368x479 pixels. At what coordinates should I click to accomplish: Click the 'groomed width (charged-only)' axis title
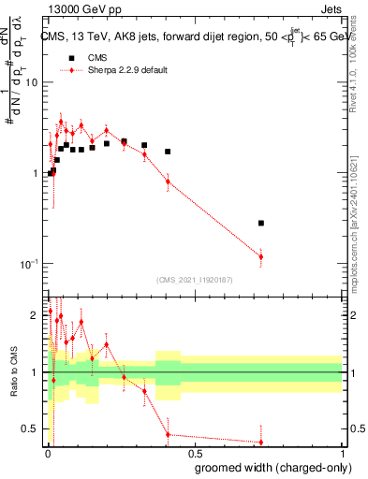pos(268,466)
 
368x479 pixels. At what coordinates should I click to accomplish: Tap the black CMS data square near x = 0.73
pos(261,223)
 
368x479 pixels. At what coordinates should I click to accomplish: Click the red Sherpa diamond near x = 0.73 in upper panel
pos(261,256)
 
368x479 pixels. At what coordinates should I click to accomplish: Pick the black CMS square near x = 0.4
pos(168,152)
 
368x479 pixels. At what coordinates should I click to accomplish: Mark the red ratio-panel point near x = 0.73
pos(261,442)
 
